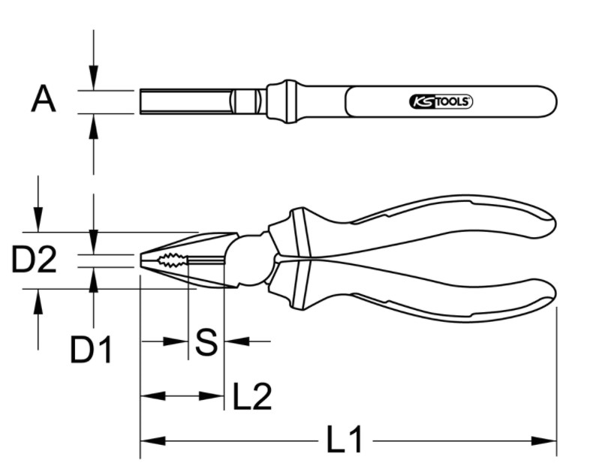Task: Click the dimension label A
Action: pos(44,99)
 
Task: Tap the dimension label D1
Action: pos(91,350)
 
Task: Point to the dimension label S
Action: pos(206,342)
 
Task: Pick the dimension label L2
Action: pos(252,396)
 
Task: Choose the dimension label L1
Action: pos(345,440)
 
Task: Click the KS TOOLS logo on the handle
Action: pos(441,102)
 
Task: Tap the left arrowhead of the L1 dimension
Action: pos(153,440)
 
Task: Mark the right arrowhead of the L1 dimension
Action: pos(544,440)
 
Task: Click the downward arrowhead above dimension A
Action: pos(93,78)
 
